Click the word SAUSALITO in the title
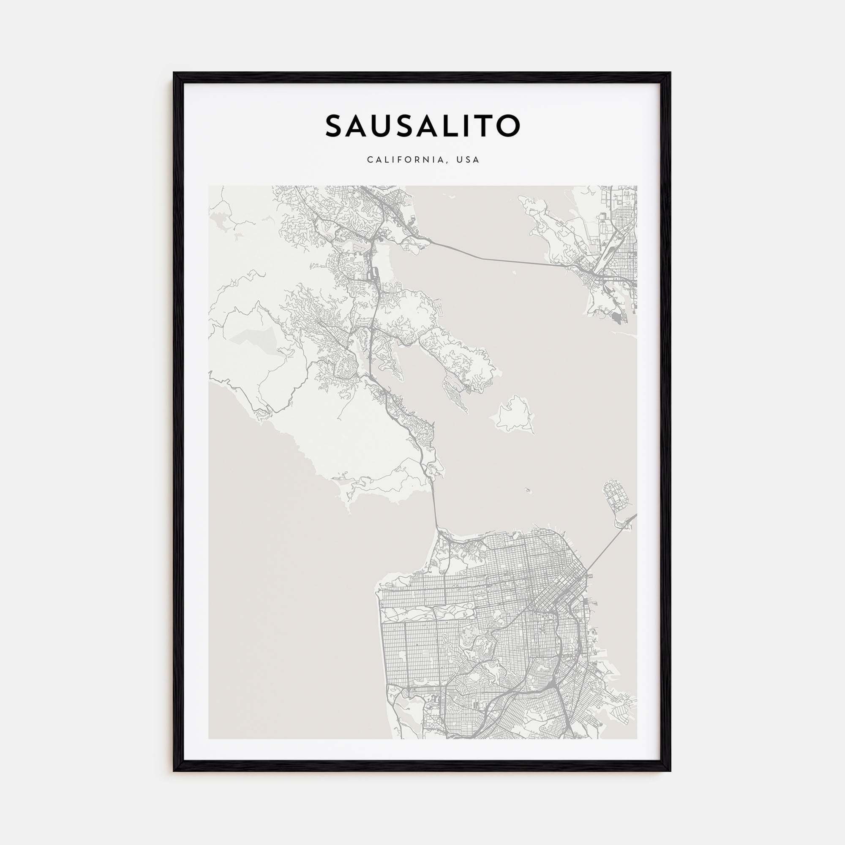point(422,126)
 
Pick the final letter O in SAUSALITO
point(510,126)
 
